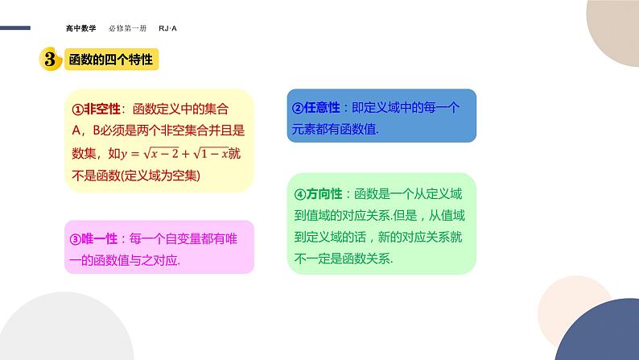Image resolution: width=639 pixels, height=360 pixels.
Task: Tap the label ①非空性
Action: (x=96, y=110)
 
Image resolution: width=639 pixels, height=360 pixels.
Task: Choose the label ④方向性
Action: (x=319, y=194)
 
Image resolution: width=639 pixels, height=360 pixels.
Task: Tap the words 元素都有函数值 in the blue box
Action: (x=332, y=130)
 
